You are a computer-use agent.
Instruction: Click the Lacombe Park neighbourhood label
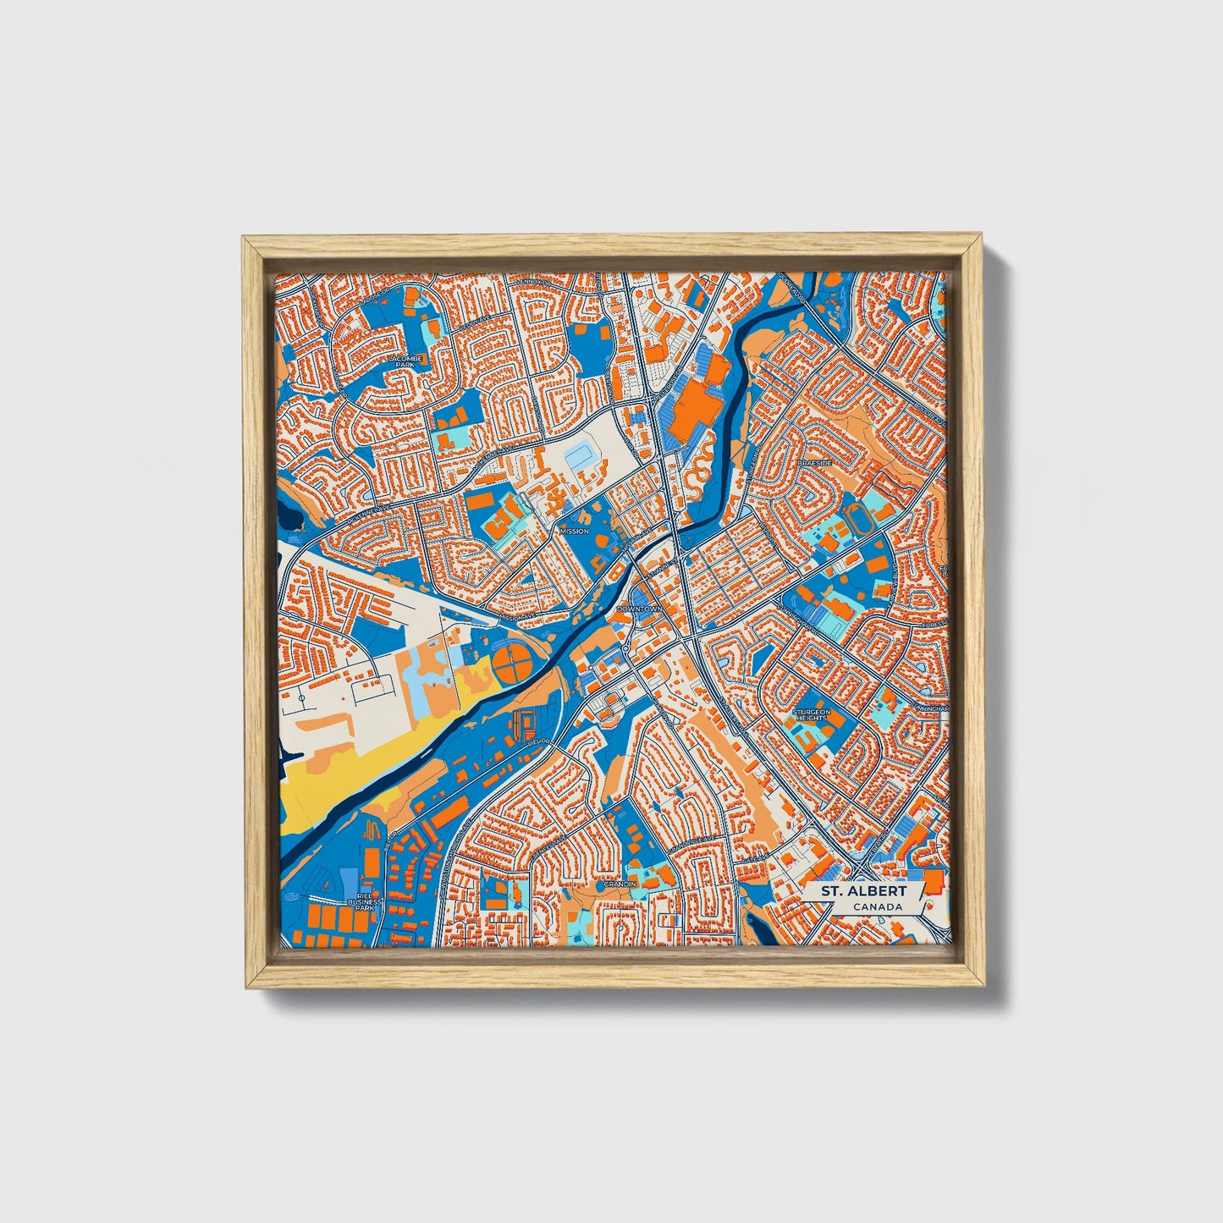tap(404, 361)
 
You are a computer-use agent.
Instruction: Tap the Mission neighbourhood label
tap(574, 532)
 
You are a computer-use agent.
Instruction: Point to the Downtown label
tap(640, 609)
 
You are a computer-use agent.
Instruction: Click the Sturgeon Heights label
tap(811, 716)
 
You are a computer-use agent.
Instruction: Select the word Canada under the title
tap(877, 907)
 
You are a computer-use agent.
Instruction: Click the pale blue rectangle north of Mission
tap(581, 458)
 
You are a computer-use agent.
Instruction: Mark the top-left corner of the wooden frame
tap(244, 240)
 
